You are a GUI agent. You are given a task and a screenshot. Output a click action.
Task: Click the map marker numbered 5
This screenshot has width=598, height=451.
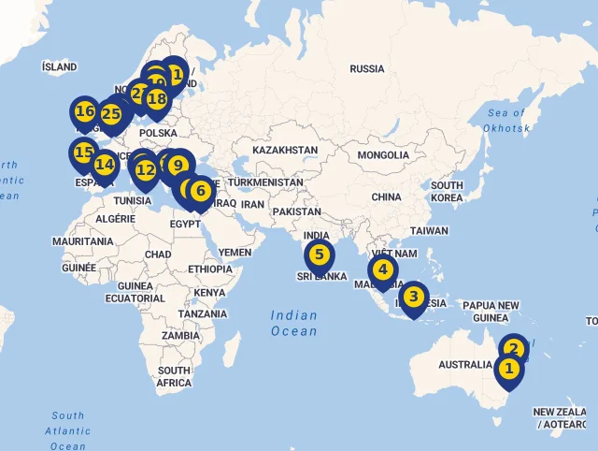coord(319,255)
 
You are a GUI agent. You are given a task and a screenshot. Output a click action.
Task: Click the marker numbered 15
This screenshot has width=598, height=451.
coord(84,153)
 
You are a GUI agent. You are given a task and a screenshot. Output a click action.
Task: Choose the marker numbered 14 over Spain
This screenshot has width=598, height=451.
coord(105,165)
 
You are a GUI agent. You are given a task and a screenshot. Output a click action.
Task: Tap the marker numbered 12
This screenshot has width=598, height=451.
coord(145,170)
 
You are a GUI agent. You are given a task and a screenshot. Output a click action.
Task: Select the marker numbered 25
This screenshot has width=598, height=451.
coord(111,115)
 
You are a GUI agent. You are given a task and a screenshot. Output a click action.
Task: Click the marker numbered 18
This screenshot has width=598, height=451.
coord(156,98)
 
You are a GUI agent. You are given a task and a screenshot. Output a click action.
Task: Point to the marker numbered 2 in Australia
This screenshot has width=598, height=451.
coord(513,350)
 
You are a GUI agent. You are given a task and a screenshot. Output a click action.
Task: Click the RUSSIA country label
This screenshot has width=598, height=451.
coord(366,69)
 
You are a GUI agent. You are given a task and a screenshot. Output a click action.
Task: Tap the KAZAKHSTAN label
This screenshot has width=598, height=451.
coord(285,150)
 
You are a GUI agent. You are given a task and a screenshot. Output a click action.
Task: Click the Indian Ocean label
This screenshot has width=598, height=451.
coord(293,323)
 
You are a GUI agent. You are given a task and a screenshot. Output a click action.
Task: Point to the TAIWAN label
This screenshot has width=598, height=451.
coord(429,230)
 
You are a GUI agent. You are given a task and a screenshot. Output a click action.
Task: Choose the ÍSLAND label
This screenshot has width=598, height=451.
coord(60,67)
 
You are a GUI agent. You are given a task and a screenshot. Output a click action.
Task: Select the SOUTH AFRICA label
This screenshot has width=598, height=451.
coord(174,376)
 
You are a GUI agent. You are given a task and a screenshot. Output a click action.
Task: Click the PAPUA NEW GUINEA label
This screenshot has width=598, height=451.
coord(491,312)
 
